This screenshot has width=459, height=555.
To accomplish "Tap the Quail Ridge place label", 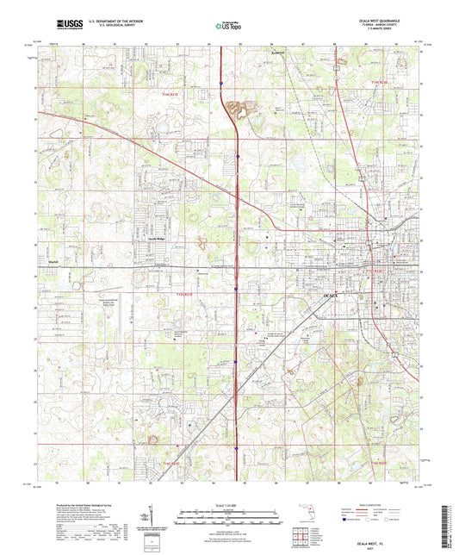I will click(x=158, y=239).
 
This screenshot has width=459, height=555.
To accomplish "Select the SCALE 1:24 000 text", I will click(x=229, y=504).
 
